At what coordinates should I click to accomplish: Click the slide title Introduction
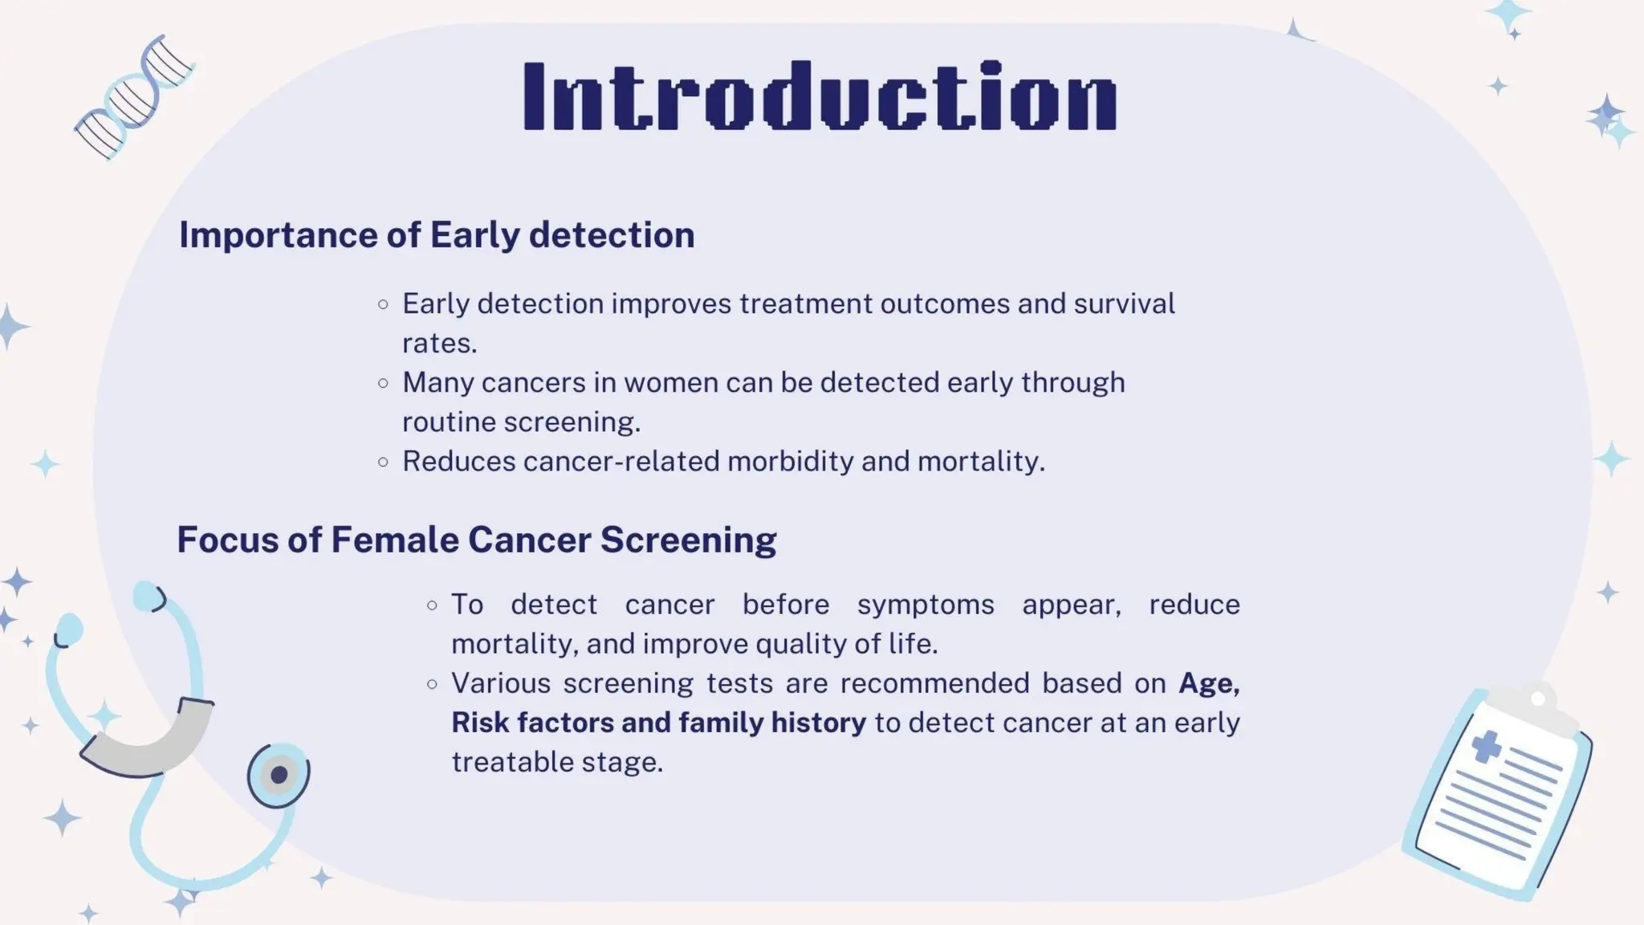[820, 96]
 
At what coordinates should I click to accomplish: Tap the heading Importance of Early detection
[437, 235]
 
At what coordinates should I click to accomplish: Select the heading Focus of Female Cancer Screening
[477, 540]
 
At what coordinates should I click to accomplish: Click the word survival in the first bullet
[1124, 304]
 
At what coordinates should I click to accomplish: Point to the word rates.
[439, 344]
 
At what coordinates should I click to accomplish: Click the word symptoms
[926, 605]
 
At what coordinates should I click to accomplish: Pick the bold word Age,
[1209, 683]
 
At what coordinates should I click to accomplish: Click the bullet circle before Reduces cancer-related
[384, 462]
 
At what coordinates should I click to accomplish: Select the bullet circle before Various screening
[433, 684]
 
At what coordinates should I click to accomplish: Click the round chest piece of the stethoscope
[279, 775]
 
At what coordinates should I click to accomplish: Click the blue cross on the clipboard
[1486, 747]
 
